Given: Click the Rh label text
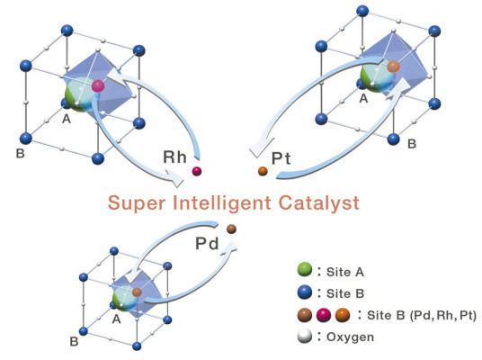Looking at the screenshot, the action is point(174,157).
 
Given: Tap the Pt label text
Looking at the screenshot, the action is point(281,158).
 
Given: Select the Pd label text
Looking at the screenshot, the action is point(207,244).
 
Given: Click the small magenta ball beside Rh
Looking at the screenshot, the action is point(197,171).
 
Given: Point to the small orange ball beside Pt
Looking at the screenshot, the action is point(263,171).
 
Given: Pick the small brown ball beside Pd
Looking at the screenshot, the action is point(231,229).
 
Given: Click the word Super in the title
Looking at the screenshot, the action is point(137,203).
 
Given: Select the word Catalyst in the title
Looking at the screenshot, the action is point(318,203).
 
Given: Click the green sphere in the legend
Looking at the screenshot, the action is point(305,270).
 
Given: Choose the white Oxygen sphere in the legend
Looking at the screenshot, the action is point(305,337).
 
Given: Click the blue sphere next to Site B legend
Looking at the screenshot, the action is point(305,292).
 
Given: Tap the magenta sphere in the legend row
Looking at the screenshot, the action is point(324,315).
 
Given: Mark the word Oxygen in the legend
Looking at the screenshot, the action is point(350,337).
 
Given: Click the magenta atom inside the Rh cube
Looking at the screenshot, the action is point(98,85).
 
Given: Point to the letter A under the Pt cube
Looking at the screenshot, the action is point(363,99).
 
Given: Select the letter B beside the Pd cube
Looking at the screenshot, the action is point(74,341).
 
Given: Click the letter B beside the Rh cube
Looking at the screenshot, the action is point(21,153).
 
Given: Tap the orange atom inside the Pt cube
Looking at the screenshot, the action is point(393,67).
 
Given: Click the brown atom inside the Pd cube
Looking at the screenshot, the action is point(137,292).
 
